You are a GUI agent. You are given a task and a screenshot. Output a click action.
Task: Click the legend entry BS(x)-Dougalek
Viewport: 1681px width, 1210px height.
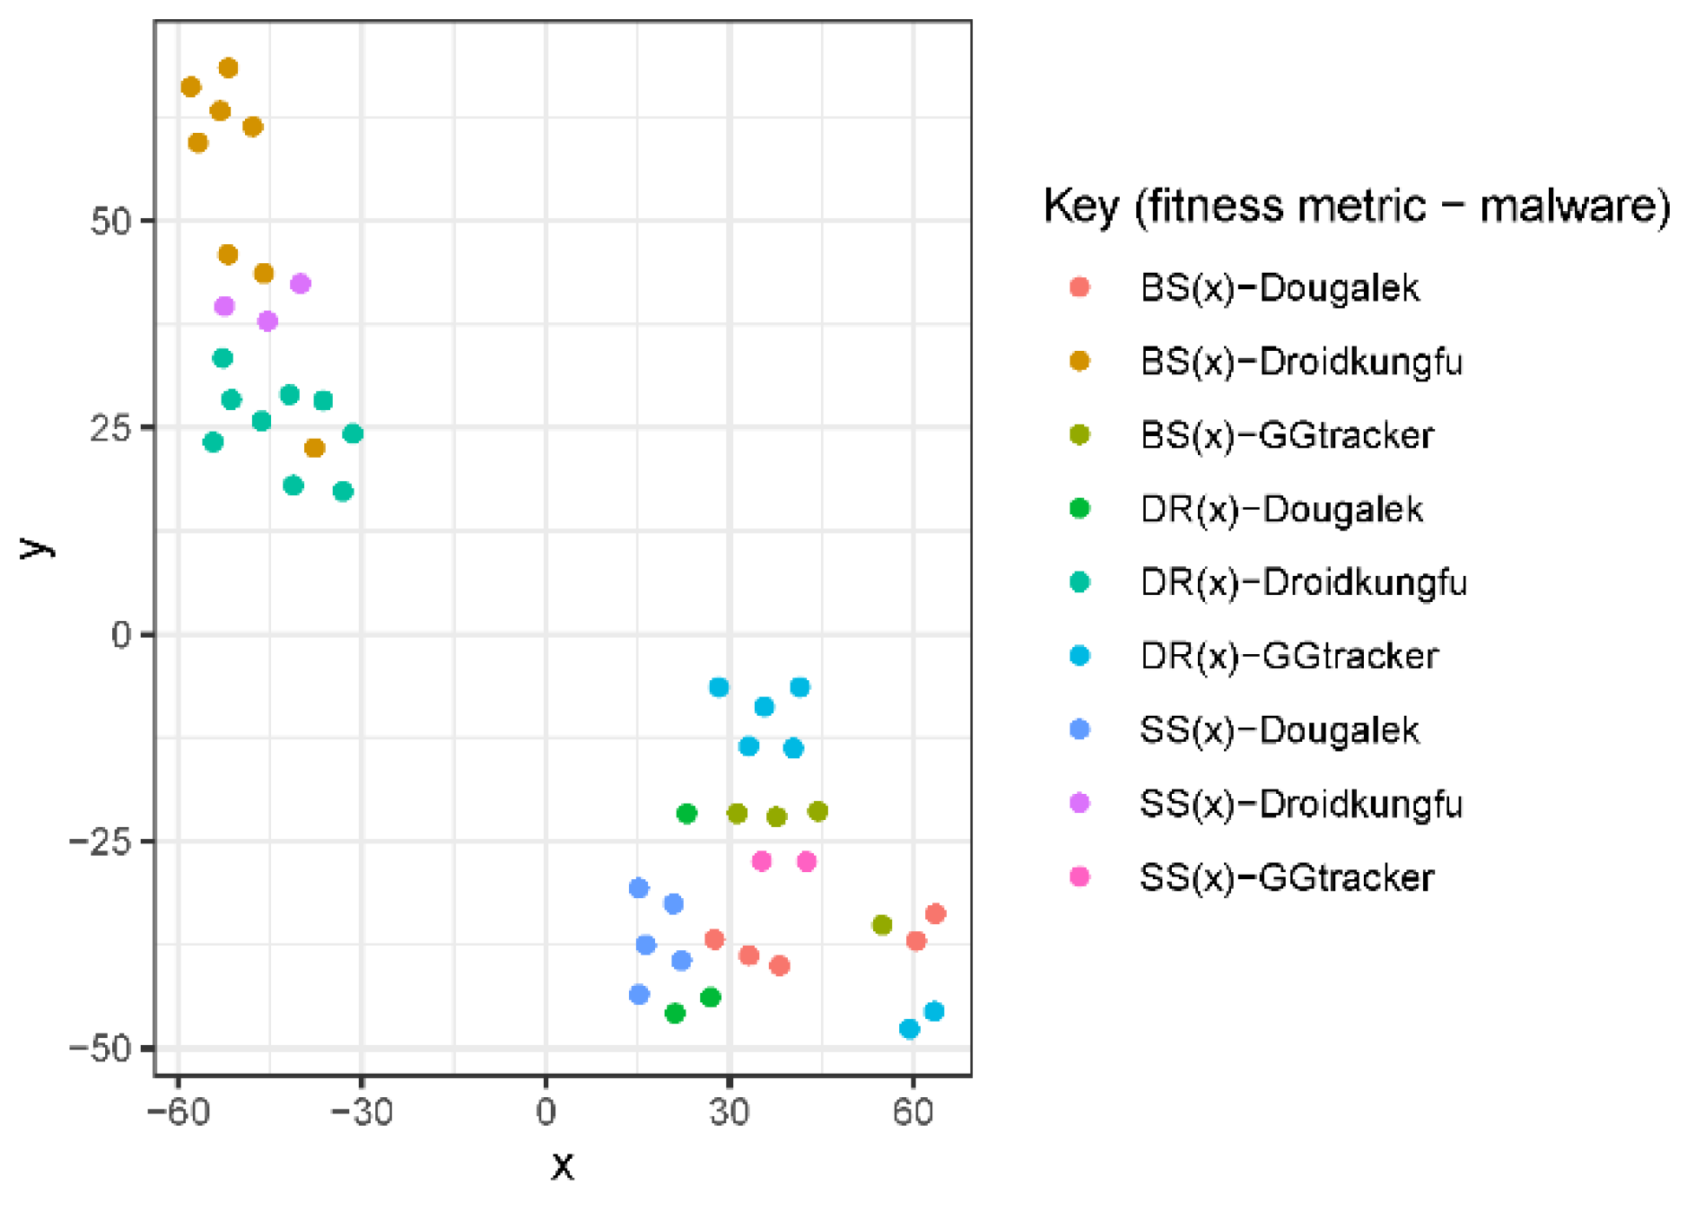point(1279,288)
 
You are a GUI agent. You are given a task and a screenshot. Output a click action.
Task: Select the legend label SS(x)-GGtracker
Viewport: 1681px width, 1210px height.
point(1286,877)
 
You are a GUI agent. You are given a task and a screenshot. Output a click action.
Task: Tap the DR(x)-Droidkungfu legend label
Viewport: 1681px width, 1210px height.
point(1303,583)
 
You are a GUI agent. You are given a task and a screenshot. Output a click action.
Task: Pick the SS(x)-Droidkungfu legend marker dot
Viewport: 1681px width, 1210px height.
point(1079,803)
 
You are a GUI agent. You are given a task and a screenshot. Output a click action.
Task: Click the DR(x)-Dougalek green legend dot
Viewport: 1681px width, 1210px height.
point(1079,508)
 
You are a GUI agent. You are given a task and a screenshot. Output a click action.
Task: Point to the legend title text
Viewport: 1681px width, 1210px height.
point(1356,207)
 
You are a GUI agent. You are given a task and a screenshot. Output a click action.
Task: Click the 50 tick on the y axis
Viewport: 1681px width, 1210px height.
point(110,221)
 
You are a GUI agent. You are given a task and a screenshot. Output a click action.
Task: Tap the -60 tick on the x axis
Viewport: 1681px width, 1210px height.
point(179,1112)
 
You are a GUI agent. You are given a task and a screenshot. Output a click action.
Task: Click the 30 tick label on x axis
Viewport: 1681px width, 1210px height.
point(729,1112)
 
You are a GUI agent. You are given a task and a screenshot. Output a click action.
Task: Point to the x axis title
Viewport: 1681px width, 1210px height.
point(562,1166)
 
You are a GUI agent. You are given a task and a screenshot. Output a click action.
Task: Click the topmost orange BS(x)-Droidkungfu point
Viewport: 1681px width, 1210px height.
point(228,68)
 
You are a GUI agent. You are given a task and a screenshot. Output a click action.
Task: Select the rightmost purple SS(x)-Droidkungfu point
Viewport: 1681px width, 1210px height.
point(300,283)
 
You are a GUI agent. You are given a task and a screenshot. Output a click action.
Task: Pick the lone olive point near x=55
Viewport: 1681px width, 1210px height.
point(882,925)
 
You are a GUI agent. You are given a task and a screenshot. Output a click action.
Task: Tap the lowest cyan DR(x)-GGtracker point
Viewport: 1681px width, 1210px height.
point(909,1029)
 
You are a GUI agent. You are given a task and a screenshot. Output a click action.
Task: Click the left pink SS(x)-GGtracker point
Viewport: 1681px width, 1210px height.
point(761,861)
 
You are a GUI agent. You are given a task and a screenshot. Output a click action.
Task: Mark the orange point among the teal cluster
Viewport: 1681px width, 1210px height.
point(314,448)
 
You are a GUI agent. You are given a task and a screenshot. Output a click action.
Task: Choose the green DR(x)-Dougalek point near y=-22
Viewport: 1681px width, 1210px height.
point(686,814)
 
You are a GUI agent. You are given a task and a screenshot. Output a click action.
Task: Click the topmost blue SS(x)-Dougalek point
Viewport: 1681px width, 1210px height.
point(639,888)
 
